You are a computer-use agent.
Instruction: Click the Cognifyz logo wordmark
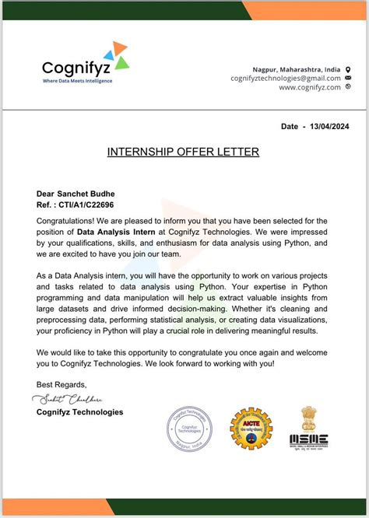click(75, 68)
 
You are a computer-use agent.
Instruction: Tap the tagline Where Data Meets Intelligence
click(77, 81)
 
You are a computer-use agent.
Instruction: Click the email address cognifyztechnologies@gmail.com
click(286, 78)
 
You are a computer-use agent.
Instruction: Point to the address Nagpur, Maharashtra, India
click(297, 68)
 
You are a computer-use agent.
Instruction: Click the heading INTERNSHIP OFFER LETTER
click(183, 152)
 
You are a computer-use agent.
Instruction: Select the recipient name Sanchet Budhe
click(92, 194)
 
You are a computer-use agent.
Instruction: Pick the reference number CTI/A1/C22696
click(86, 205)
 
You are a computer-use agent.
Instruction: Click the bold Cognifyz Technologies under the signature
click(79, 411)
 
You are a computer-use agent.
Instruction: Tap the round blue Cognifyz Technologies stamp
click(190, 430)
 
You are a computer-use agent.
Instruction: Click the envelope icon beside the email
click(348, 78)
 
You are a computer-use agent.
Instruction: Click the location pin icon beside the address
click(348, 68)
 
